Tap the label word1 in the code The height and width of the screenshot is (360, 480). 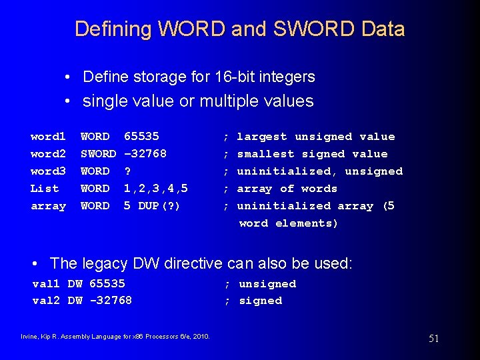tap(48, 137)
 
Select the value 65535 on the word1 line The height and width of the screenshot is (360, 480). tap(141, 137)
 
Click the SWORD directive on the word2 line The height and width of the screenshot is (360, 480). tap(98, 154)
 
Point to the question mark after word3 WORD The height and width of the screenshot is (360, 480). tap(127, 171)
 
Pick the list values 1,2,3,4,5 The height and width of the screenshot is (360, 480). tap(155, 189)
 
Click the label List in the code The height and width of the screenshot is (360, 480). tap(45, 189)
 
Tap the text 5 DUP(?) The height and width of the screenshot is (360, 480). tap(152, 206)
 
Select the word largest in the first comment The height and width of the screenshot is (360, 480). tap(262, 137)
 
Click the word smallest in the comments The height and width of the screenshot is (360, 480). tap(265, 154)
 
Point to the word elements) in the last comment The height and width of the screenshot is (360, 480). tap(307, 223)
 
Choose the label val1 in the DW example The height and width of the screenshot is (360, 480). tap(47, 284)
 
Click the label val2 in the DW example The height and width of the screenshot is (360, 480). tap(47, 301)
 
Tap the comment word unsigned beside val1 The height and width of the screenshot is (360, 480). tap(267, 284)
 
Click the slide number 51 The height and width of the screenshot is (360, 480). tap(433, 339)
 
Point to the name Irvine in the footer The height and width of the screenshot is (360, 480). tap(31, 335)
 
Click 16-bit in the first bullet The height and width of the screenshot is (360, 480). tap(237, 77)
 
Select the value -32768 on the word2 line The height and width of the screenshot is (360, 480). tap(145, 154)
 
